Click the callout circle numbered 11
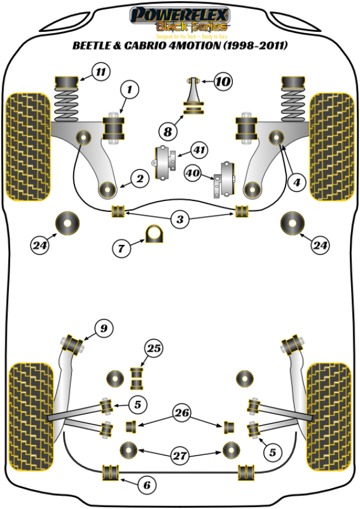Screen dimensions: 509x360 pos(100,73)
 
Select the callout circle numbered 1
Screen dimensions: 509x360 pos(130,91)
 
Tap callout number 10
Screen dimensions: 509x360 pos(222,80)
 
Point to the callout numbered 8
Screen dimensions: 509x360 pos(167,130)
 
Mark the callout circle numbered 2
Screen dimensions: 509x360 pos(139,178)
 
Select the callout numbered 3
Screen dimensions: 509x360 pos(179,220)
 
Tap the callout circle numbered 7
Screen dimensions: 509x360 pos(122,247)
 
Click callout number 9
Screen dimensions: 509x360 pos(104,328)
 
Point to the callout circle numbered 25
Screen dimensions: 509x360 pos(154,349)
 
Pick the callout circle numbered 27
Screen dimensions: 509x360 pos(179,456)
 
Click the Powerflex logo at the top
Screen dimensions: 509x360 pos(179,17)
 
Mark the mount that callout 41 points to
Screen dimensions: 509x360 pos(166,162)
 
